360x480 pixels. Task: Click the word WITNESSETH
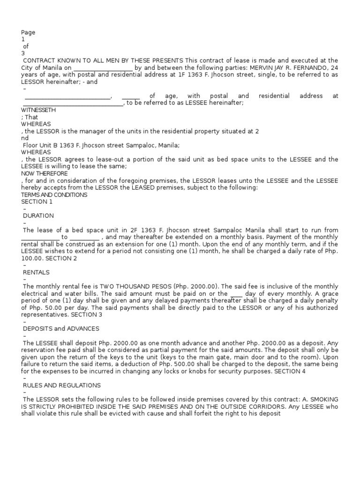[38, 110]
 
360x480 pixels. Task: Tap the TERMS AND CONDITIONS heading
[54, 195]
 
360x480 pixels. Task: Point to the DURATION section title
[38, 216]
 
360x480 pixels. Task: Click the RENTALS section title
[36, 272]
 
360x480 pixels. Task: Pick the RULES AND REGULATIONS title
[62, 385]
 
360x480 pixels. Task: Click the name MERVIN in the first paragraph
[261, 67]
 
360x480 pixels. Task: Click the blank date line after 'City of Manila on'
[103, 67]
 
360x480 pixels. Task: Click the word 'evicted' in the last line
[113, 413]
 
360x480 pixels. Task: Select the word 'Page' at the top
[28, 32]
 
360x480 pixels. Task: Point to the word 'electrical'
[37, 293]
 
